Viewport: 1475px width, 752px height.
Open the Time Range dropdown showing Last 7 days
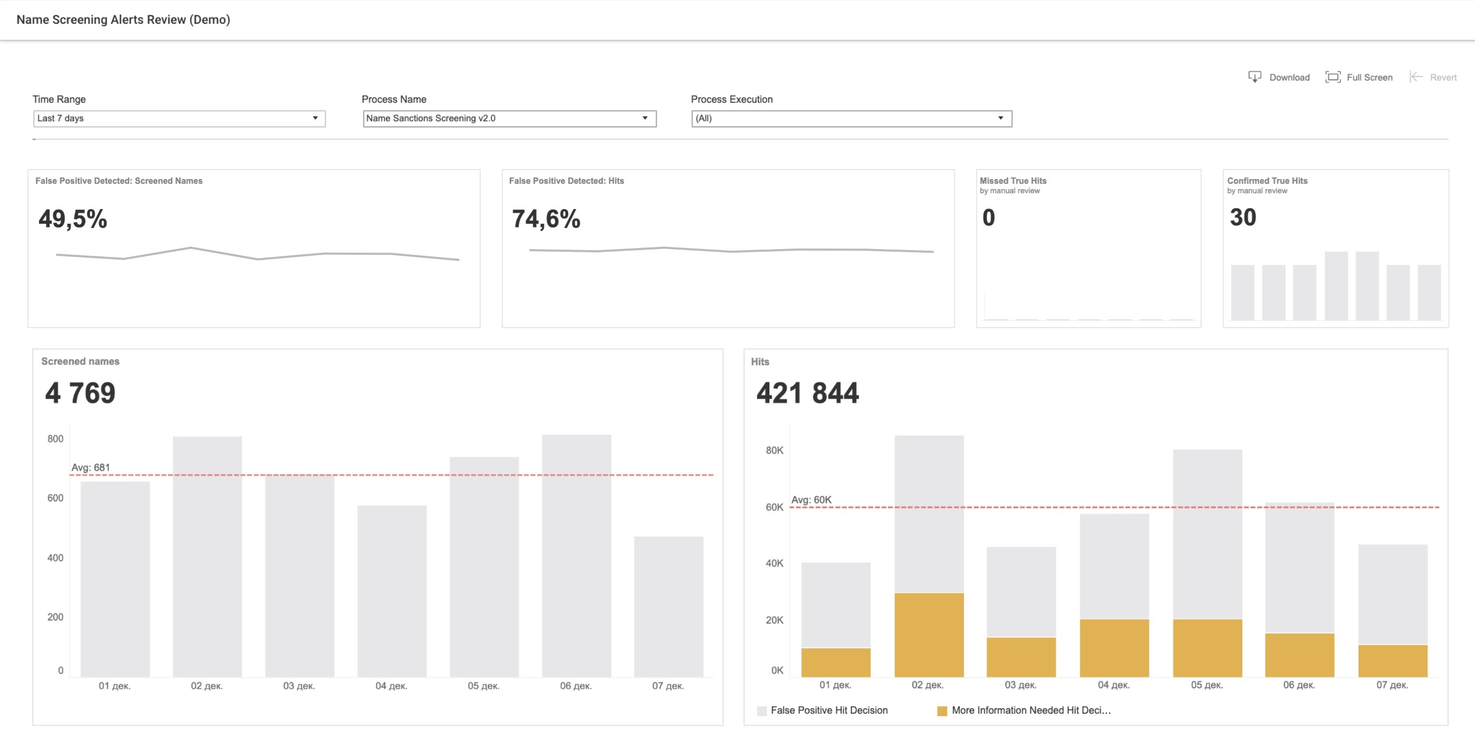tap(179, 118)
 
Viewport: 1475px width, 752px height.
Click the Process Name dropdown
tap(509, 118)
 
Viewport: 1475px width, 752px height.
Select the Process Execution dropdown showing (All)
tap(852, 118)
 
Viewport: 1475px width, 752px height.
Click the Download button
tap(1278, 77)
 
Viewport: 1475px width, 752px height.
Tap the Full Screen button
tap(1359, 77)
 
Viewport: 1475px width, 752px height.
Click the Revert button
tap(1433, 77)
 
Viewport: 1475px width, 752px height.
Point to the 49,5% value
tap(73, 219)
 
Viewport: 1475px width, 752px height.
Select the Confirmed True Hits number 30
tap(1243, 217)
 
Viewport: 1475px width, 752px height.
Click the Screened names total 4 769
tap(80, 393)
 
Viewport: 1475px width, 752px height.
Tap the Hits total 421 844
tap(807, 393)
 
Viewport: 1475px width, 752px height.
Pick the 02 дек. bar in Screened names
tap(207, 557)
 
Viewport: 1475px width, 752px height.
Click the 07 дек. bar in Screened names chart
tap(668, 607)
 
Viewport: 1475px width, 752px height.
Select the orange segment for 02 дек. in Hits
tap(929, 635)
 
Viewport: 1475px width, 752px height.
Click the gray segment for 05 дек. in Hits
tap(1207, 535)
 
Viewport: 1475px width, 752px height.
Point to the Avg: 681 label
tap(91, 468)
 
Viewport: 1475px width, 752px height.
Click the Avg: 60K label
tap(812, 500)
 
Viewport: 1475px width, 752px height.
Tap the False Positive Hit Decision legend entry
tap(822, 710)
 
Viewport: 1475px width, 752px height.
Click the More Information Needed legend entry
tap(1024, 710)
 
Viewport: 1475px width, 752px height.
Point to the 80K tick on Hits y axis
tap(774, 450)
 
